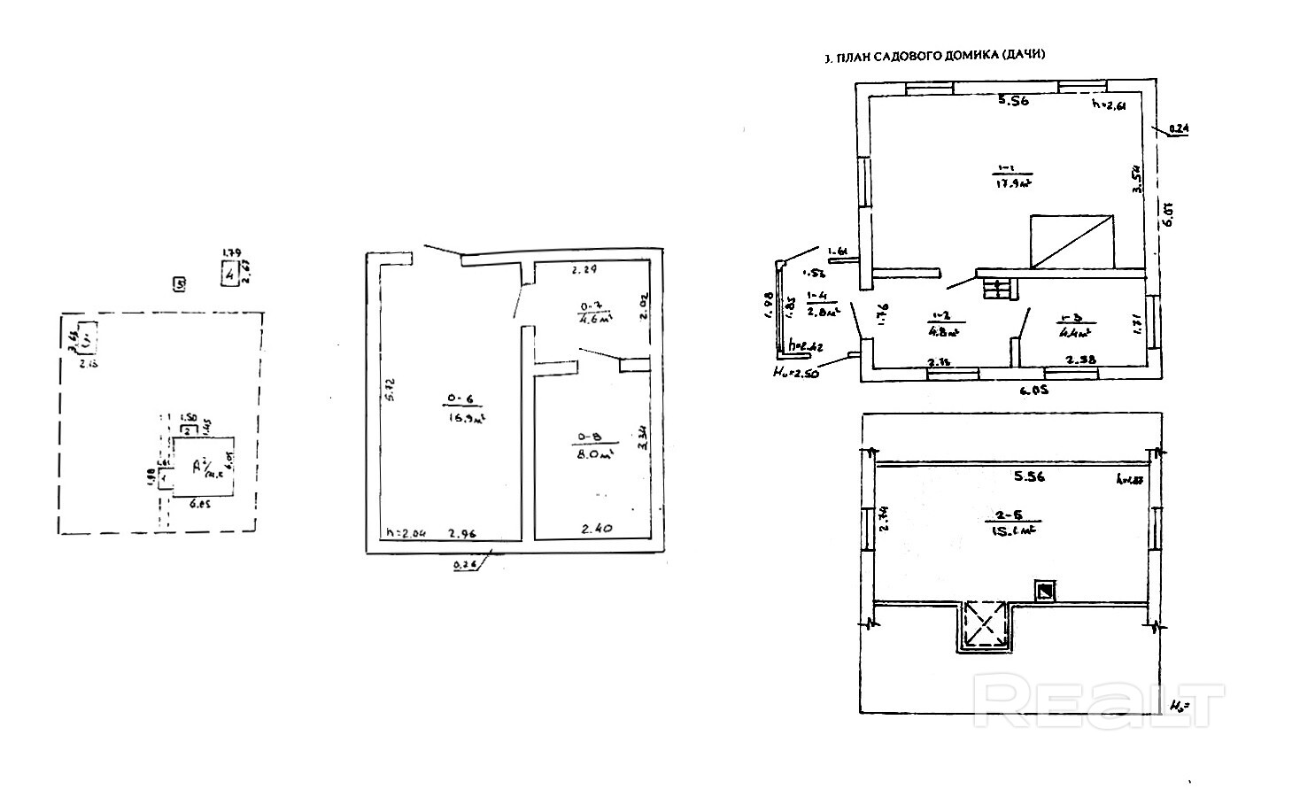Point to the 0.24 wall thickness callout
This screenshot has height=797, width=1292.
pyautogui.click(x=1179, y=129)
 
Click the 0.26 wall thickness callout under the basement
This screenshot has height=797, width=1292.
pyautogui.click(x=463, y=565)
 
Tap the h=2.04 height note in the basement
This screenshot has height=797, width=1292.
pyautogui.click(x=406, y=533)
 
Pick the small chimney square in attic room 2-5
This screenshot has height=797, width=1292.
pyautogui.click(x=1046, y=590)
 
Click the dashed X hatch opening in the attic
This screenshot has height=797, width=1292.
pyautogui.click(x=985, y=625)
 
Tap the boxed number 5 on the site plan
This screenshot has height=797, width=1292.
pyautogui.click(x=180, y=284)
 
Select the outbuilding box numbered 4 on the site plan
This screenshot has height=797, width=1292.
pyautogui.click(x=230, y=274)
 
